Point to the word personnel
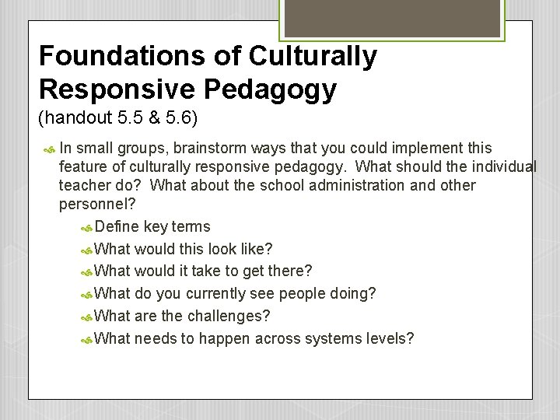click(91, 205)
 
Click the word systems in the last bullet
click(334, 339)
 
